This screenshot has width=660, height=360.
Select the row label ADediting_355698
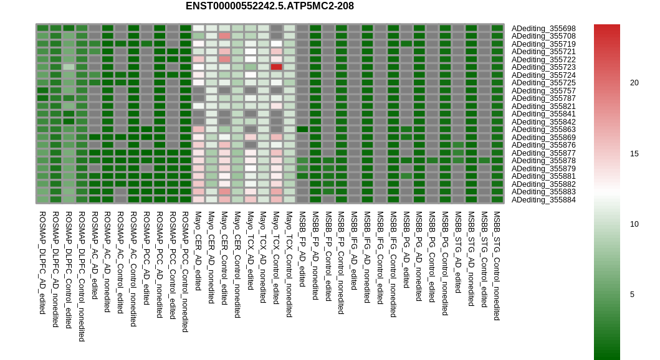(543, 28)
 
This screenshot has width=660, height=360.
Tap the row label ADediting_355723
(543, 67)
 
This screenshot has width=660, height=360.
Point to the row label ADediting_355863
(543, 129)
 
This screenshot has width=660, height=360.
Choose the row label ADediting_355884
(543, 199)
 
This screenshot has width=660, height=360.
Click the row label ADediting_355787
(543, 98)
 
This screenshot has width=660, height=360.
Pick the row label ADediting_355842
(543, 121)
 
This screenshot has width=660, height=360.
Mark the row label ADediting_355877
(543, 153)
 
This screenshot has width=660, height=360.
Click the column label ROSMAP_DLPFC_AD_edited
(42, 262)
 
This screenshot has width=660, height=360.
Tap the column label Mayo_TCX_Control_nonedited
(289, 264)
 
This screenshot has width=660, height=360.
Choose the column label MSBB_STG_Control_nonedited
(497, 265)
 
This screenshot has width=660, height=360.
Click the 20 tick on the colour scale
(634, 82)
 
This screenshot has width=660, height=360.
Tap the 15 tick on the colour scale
(634, 153)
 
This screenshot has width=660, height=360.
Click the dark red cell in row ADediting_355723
(277, 67)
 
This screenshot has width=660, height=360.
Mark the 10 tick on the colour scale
(634, 224)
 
